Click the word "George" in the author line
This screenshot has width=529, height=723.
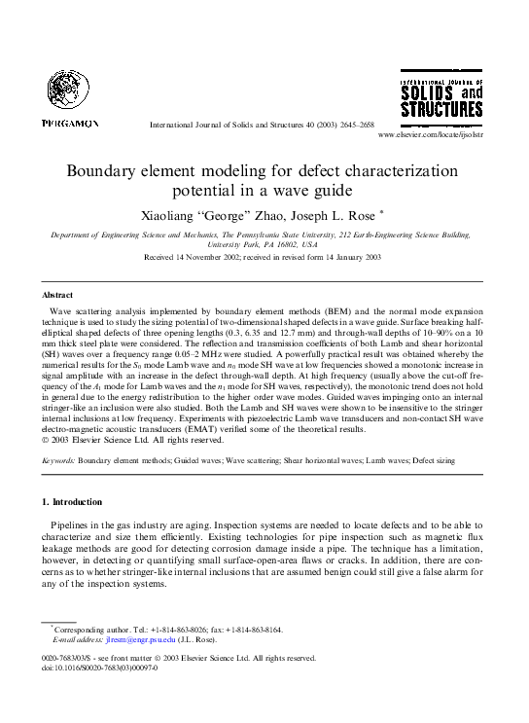point(223,211)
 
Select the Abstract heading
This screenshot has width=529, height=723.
point(57,294)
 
